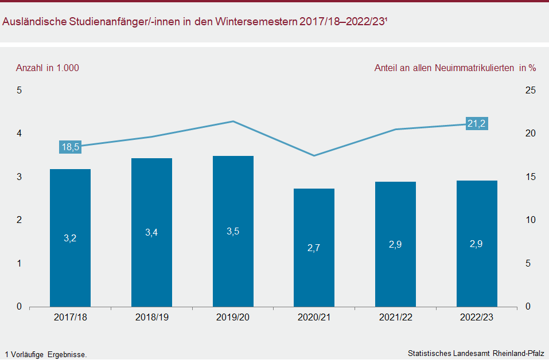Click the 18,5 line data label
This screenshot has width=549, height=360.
70,147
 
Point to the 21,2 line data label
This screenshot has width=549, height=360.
477,123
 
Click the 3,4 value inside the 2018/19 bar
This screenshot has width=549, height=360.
151,232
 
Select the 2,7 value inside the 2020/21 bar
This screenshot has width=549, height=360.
314,248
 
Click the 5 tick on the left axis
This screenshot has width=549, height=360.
19,91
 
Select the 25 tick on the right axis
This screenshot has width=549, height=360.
531,91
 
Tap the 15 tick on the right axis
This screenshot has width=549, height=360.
531,177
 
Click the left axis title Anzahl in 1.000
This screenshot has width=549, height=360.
48,68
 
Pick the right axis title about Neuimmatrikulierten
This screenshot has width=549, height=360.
455,68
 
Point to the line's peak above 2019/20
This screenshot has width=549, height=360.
233,122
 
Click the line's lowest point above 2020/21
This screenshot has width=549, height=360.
314,155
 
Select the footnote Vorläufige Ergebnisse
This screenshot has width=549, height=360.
46,354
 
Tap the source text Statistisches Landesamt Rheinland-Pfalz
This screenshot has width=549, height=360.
476,353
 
